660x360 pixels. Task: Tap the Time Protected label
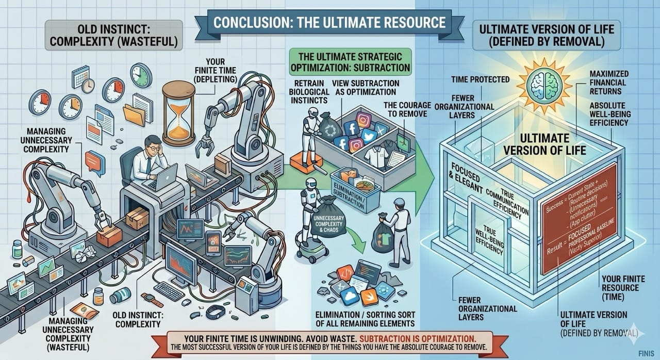[479, 79]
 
